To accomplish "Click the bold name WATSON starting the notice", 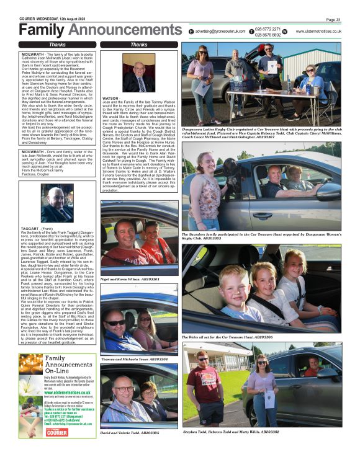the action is point(110,98).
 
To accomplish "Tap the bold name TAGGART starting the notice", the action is point(31,211).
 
